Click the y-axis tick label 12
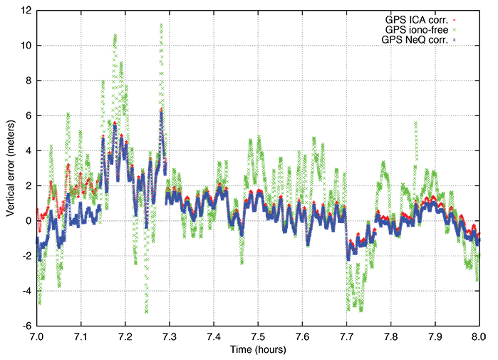[25, 11]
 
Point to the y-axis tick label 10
[25, 46]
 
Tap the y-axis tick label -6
[25, 326]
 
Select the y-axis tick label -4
[25, 291]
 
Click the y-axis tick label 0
[27, 221]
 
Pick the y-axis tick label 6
[27, 115]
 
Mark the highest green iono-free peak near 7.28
[161, 25]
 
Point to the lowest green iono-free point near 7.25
[147, 312]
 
